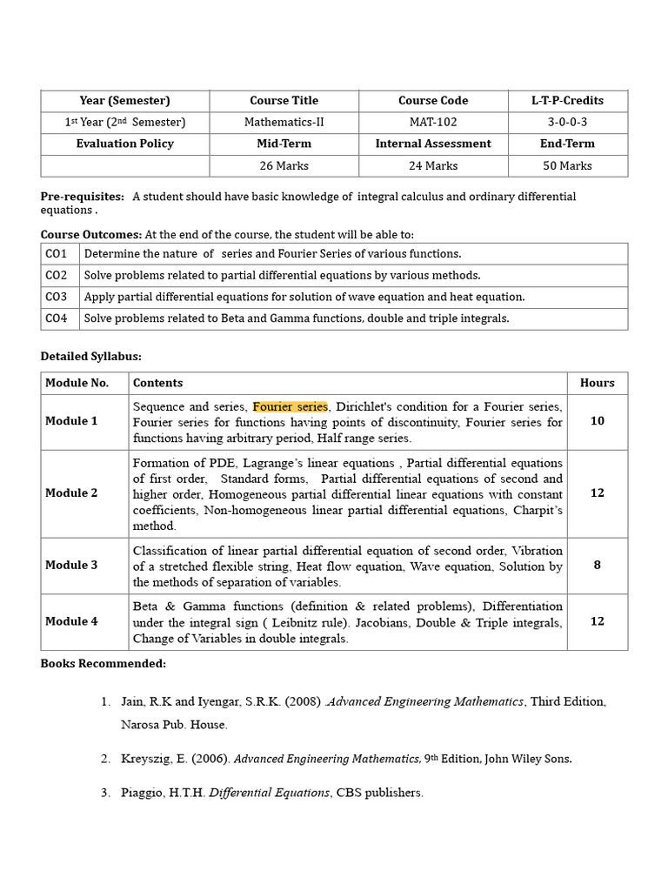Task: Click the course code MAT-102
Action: pos(433,123)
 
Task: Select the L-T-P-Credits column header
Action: pos(567,101)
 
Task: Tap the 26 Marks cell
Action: pos(284,165)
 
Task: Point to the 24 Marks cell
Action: pos(433,165)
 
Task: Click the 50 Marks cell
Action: pos(567,165)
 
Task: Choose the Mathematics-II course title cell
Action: pos(284,123)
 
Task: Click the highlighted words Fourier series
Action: pos(291,406)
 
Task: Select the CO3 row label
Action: pos(57,298)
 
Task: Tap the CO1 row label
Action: pos(57,254)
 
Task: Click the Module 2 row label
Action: pos(71,493)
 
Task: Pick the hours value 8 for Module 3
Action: pos(597,565)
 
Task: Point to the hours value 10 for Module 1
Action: pos(597,421)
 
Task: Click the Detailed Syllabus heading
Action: pos(90,357)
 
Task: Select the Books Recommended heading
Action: pos(103,664)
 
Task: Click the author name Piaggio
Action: pos(142,793)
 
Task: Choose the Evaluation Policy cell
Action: pos(125,144)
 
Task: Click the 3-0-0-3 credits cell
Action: pos(567,123)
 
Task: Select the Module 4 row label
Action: pos(71,622)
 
